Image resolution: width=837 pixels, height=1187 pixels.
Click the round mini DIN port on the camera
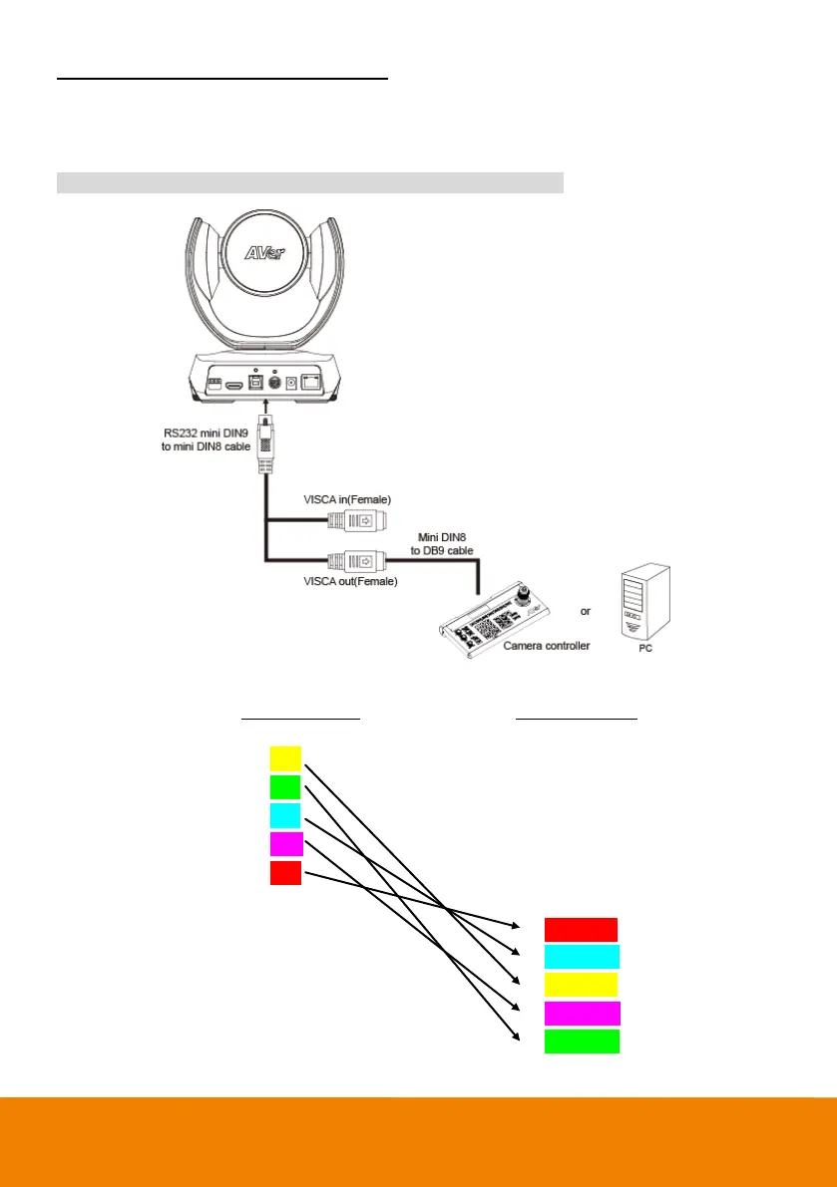(267, 383)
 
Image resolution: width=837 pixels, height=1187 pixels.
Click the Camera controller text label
(546, 646)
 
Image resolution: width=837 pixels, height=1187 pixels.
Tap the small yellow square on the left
(285, 759)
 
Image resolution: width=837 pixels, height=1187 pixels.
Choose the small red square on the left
(285, 873)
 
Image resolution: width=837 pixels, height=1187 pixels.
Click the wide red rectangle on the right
(582, 930)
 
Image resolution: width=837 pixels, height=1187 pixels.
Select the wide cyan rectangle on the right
(582, 957)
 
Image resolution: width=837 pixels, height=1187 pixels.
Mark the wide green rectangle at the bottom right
(582, 1041)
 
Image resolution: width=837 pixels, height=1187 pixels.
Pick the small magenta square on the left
(285, 844)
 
